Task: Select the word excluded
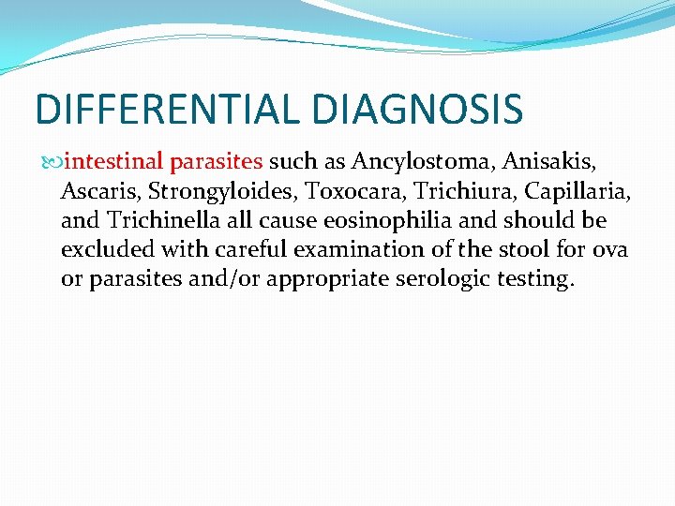[102, 251]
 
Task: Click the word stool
[509, 251]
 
